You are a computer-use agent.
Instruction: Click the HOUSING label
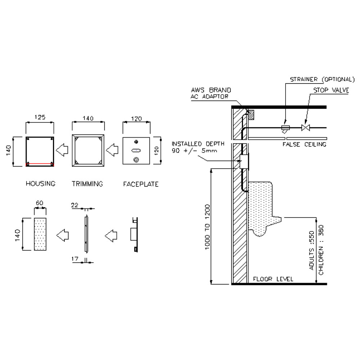[41, 184]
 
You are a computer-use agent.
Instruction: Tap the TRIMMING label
[87, 184]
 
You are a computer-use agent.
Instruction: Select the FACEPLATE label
[141, 184]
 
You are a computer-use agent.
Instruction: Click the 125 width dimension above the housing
[40, 117]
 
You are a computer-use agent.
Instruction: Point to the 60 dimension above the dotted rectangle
[40, 203]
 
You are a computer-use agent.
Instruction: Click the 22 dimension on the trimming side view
[75, 205]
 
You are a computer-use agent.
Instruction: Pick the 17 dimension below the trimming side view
[75, 259]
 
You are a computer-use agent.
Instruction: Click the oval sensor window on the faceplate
[136, 150]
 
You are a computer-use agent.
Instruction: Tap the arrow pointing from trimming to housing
[62, 150]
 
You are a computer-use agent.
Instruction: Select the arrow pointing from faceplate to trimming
[112, 150]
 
